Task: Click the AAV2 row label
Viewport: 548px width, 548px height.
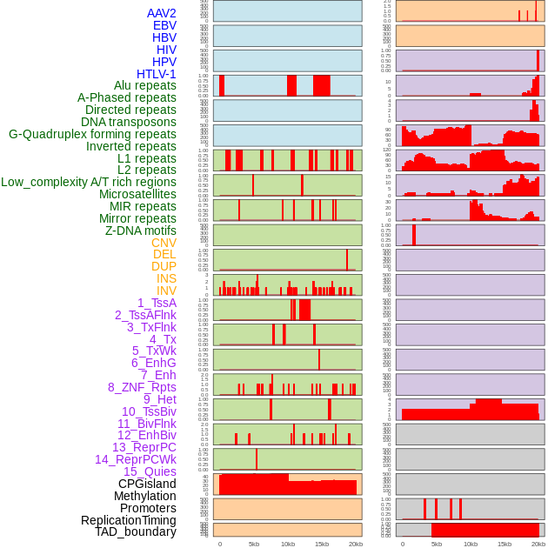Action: pos(162,13)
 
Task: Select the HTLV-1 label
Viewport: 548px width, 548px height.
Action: pos(157,74)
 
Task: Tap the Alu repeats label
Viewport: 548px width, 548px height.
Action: pos(145,85)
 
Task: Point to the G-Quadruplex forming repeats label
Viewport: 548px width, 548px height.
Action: pos(92,134)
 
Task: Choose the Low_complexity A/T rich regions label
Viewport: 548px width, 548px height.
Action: pos(89,182)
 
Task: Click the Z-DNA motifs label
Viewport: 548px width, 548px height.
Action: pos(141,231)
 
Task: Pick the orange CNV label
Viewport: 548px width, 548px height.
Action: pos(164,243)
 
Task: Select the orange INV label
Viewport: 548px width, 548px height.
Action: pos(166,291)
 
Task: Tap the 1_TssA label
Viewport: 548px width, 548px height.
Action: pos(157,303)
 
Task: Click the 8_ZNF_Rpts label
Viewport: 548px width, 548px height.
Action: pos(142,387)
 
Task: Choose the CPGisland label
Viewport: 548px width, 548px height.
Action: pos(147,484)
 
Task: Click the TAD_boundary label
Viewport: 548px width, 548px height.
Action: pos(136,531)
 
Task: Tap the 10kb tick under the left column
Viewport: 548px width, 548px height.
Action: pos(287,544)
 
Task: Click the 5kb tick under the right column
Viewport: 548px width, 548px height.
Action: pos(437,544)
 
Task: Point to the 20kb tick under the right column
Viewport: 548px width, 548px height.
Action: pos(538,544)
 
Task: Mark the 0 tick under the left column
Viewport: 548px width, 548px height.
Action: pos(219,544)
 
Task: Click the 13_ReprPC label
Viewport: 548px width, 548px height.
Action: pos(144,447)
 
